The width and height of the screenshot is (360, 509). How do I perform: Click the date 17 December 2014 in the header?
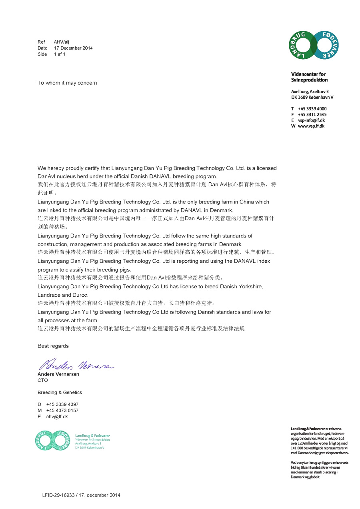pos(73,48)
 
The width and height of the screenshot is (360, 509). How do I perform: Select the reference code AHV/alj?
pos(62,42)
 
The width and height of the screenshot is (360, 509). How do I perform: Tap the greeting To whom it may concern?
pos(67,83)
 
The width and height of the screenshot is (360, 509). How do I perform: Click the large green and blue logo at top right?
pos(314,45)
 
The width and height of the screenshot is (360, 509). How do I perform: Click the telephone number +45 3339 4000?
pos(312,109)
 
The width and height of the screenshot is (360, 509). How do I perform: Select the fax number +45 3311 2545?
pos(312,114)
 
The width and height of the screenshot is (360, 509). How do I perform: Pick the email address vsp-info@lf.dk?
pos(311,120)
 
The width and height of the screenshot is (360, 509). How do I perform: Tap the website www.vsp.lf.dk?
pos(311,126)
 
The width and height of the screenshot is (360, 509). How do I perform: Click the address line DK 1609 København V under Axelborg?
pos(312,97)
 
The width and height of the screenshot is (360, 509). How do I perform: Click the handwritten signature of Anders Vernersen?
pos(76,364)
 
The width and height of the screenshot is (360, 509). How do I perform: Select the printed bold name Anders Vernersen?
pos(58,374)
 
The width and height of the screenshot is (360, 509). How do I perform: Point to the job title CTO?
pos(42,380)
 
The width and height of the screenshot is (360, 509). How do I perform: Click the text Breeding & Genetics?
pos(60,393)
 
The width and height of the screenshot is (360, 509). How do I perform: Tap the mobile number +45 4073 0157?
pos(62,411)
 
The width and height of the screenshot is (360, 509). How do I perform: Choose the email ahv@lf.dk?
pos(57,417)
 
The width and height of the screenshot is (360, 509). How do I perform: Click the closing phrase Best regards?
pos(53,346)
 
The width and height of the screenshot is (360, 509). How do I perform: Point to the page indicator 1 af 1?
pos(60,54)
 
